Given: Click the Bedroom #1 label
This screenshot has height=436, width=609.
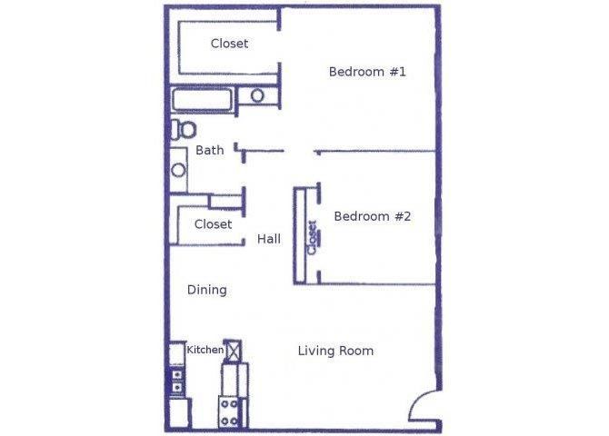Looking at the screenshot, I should pyautogui.click(x=366, y=71).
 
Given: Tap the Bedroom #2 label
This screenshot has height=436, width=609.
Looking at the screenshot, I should pyautogui.click(x=373, y=216).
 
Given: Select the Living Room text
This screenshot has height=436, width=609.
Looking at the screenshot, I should pyautogui.click(x=335, y=351).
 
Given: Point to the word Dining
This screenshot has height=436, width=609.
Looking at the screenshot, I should pyautogui.click(x=206, y=290).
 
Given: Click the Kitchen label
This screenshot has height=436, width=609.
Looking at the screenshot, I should pyautogui.click(x=205, y=350).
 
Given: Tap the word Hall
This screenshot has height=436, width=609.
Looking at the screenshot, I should pyautogui.click(x=268, y=239).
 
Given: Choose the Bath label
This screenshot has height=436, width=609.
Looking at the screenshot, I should pyautogui.click(x=209, y=150).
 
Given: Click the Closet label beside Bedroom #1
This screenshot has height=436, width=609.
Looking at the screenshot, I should pyautogui.click(x=229, y=43).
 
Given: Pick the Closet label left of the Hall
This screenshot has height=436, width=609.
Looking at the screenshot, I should pyautogui.click(x=213, y=223).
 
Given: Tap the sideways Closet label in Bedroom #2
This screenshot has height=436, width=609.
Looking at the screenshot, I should pyautogui.click(x=312, y=237).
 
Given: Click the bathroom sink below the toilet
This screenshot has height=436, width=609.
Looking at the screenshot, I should pyautogui.click(x=179, y=169).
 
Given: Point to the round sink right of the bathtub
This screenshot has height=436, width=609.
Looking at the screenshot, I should pyautogui.click(x=257, y=95).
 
